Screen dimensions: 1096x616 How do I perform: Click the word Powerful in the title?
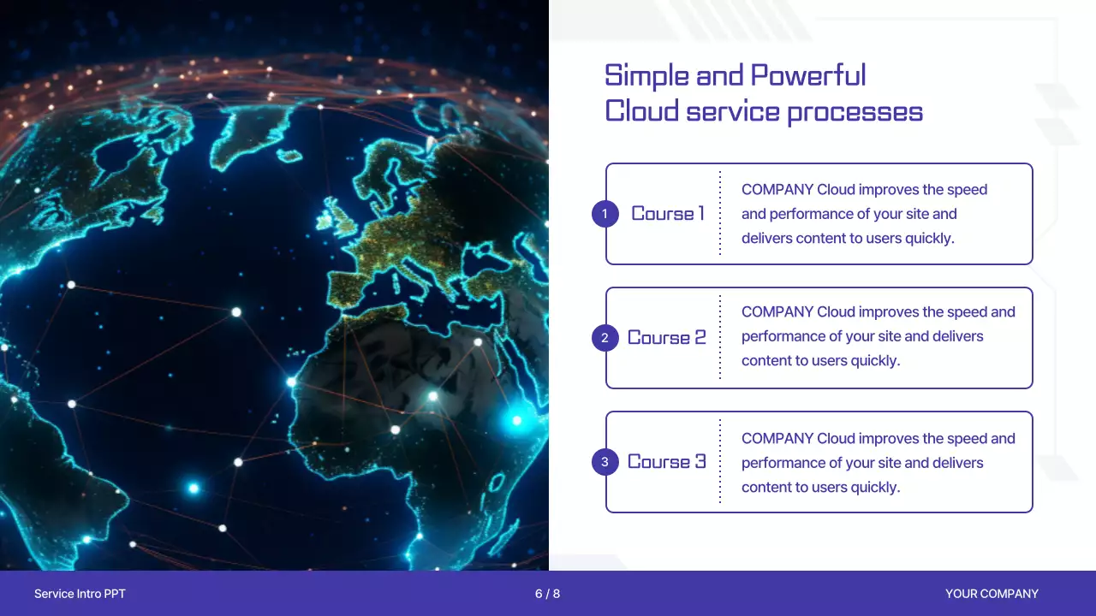pos(807,75)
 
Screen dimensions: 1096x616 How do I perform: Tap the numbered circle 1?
pos(605,214)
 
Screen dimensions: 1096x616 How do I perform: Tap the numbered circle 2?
pos(605,338)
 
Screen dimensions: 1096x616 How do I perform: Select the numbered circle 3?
pos(605,462)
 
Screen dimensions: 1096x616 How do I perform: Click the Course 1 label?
pos(668,214)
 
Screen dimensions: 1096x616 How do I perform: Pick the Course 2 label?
pos(666,338)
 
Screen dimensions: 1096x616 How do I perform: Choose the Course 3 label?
pos(666,462)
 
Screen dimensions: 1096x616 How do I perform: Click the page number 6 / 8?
pos(547,594)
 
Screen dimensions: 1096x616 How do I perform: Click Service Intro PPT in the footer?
pos(80,594)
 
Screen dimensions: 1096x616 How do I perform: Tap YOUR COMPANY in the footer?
pos(992,594)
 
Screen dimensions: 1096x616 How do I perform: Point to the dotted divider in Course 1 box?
pos(720,213)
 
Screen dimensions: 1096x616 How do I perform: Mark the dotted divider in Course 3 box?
pos(720,461)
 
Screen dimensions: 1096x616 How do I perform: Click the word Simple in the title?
pos(646,77)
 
